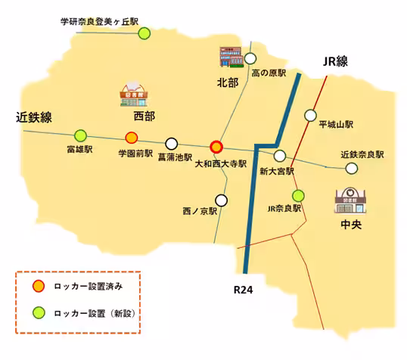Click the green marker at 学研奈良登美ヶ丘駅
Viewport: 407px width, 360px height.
click(x=144, y=33)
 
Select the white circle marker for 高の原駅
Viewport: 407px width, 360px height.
click(x=251, y=57)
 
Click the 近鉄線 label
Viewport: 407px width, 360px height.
click(x=34, y=117)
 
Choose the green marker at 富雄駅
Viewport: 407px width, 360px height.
click(x=81, y=135)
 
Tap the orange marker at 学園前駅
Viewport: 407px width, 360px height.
click(x=131, y=137)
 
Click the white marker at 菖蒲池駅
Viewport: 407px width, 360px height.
click(x=172, y=143)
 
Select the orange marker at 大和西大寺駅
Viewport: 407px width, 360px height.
click(x=217, y=147)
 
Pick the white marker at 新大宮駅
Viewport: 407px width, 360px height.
click(x=280, y=156)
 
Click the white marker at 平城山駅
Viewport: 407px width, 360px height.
click(x=310, y=115)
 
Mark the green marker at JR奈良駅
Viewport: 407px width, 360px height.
click(x=298, y=195)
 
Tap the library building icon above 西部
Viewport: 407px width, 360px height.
click(x=134, y=93)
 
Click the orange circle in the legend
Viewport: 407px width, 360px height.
click(x=37, y=287)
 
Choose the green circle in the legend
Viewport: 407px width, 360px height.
click(x=37, y=312)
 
